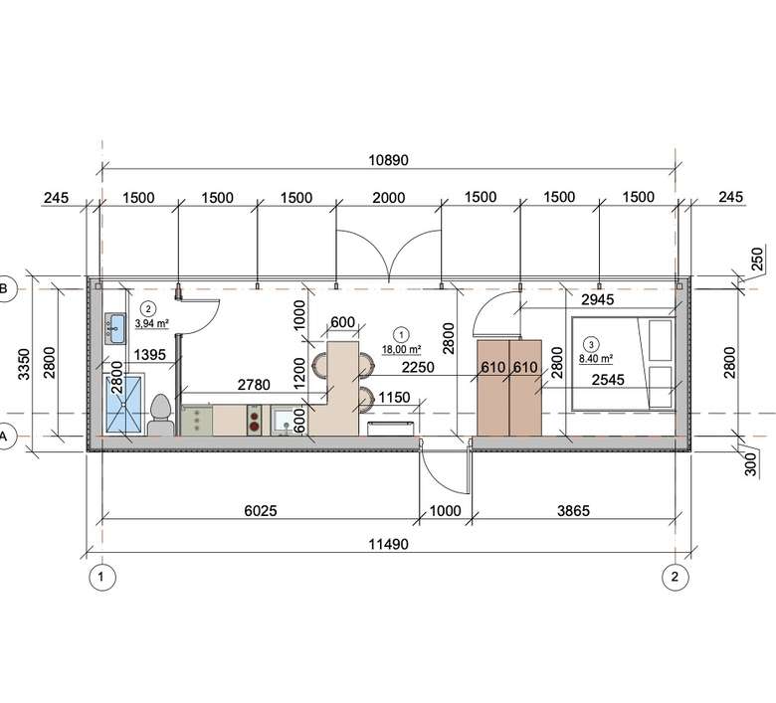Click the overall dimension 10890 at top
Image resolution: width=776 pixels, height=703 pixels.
pyautogui.click(x=388, y=160)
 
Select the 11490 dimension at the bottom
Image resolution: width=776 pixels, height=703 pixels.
pyautogui.click(x=388, y=544)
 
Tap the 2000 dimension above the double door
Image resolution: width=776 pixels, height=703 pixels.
pyautogui.click(x=388, y=198)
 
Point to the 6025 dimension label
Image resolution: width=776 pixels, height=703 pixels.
pyautogui.click(x=261, y=510)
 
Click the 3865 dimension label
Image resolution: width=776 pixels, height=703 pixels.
pyautogui.click(x=574, y=510)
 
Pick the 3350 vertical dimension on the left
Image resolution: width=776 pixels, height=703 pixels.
pyautogui.click(x=24, y=364)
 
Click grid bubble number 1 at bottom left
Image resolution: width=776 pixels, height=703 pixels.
pyautogui.click(x=101, y=577)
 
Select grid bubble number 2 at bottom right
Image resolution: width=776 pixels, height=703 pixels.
pyautogui.click(x=676, y=577)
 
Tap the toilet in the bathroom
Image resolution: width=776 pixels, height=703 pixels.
pyautogui.click(x=160, y=415)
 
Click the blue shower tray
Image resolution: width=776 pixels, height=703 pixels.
pyautogui.click(x=123, y=405)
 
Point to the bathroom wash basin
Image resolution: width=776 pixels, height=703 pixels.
pyautogui.click(x=114, y=328)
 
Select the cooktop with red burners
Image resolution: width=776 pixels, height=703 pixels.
pyautogui.click(x=255, y=420)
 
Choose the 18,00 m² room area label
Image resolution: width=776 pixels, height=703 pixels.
pyautogui.click(x=401, y=350)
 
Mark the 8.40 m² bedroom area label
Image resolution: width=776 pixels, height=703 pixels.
pyautogui.click(x=596, y=359)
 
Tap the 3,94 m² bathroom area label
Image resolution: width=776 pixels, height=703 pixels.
pyautogui.click(x=152, y=323)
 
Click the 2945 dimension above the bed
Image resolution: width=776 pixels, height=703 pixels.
pyautogui.click(x=597, y=299)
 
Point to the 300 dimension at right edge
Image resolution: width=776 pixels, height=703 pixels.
pyautogui.click(x=751, y=464)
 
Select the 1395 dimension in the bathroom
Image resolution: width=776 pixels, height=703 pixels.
pyautogui.click(x=149, y=354)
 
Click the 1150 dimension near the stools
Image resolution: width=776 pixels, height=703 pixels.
pyautogui.click(x=394, y=398)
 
